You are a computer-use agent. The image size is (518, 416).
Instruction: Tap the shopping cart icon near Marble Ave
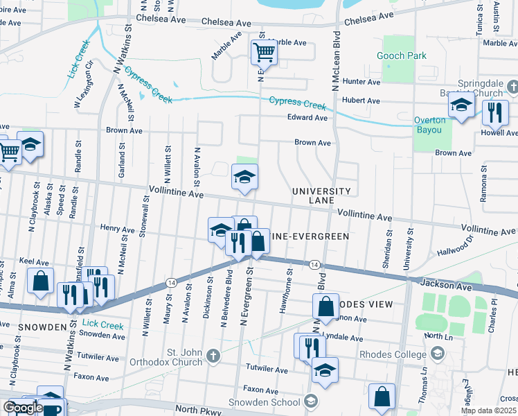point(264,51)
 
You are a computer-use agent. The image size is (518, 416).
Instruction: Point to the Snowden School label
point(274,401)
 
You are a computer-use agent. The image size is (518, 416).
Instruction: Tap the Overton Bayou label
point(430,125)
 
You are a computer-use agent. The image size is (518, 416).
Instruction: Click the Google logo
point(23,408)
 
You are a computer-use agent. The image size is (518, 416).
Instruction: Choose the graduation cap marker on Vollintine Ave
point(244,178)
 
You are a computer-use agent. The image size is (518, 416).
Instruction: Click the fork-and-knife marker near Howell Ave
point(495,112)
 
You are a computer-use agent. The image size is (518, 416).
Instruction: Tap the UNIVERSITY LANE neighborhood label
point(321,196)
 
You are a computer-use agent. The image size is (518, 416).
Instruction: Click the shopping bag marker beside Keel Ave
point(40,281)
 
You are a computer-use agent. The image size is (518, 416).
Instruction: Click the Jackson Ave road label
point(439,285)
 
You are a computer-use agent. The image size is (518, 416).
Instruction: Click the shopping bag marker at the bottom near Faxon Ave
point(382,397)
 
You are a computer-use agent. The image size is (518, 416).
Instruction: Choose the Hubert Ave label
point(363,101)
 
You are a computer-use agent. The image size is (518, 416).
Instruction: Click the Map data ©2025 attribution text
point(488,410)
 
